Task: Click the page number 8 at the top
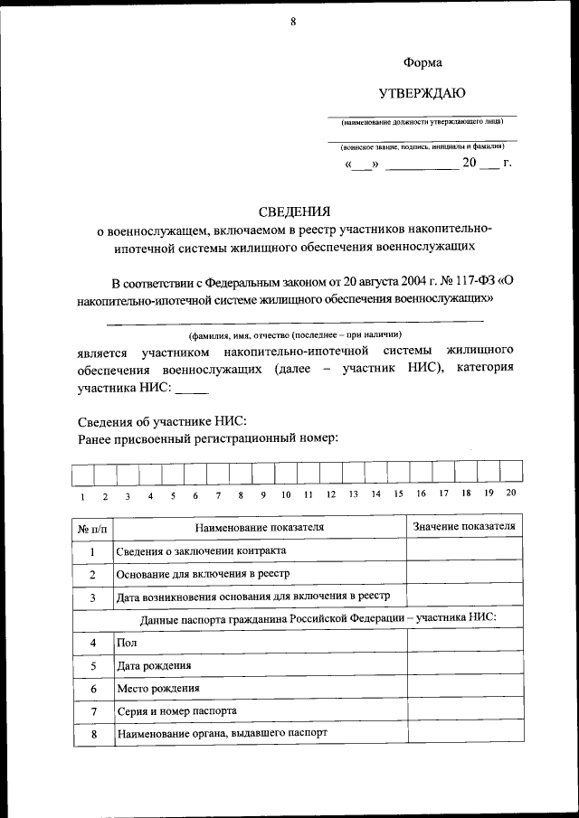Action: [x=293, y=22]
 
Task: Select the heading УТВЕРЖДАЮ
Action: [x=422, y=93]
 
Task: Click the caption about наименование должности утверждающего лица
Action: [x=422, y=122]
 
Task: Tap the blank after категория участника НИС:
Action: [x=191, y=391]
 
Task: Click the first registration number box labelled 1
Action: [x=82, y=474]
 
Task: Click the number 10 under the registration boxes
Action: [x=285, y=494]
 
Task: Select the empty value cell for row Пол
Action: [x=464, y=642]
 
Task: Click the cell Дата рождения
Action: [x=154, y=665]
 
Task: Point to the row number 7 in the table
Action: [x=92, y=711]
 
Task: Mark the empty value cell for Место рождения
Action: [x=464, y=688]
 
